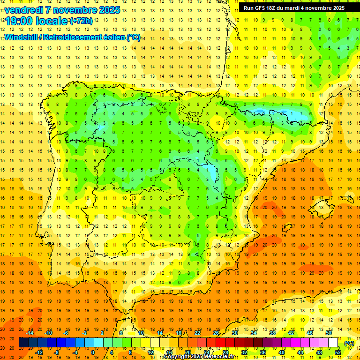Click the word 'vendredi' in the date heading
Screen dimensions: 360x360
[23, 10]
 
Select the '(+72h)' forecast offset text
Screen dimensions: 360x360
[81, 21]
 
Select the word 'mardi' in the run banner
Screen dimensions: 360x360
[301, 8]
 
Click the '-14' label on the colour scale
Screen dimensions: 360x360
[30, 333]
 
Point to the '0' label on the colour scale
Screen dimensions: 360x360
[93, 352]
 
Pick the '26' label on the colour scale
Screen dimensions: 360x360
[216, 333]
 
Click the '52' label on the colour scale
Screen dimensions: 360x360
[338, 352]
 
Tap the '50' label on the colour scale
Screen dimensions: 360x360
[329, 333]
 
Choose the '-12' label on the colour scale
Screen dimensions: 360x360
[39, 352]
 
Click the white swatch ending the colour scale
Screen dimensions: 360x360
[333, 343]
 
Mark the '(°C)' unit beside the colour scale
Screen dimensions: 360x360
[349, 343]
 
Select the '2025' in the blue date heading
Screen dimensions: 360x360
[106, 10]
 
